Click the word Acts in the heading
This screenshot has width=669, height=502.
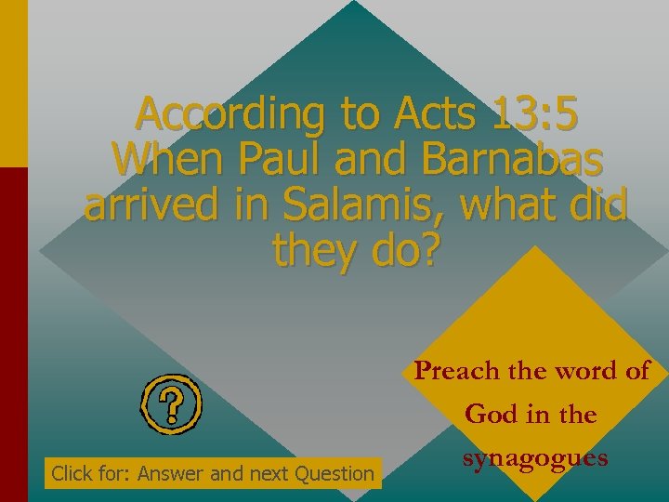click(424, 115)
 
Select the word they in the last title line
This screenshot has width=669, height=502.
click(311, 248)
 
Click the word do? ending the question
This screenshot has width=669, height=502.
click(401, 248)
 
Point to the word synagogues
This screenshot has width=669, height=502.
click(535, 458)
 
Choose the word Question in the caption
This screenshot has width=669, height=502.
click(334, 474)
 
